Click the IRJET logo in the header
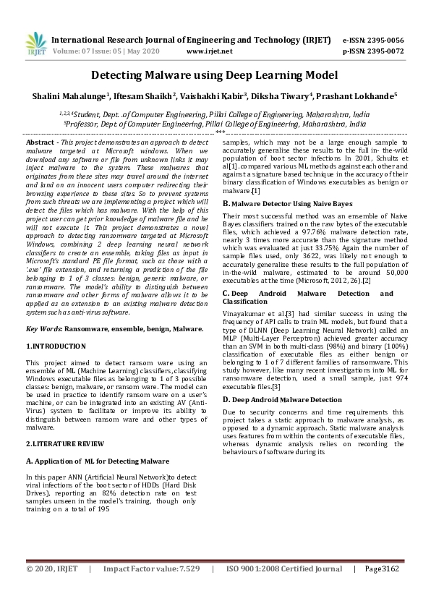pos(35,45)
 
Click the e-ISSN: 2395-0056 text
pos(383,40)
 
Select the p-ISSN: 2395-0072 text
pos(383,51)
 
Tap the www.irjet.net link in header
pos(209,51)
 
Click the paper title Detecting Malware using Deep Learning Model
pos(214,75)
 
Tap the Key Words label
pos(43,328)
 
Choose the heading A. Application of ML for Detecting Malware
pos(98,460)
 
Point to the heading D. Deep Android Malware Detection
pos(282,399)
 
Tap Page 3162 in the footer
pos(381,589)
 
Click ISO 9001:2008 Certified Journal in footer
pos(284,589)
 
